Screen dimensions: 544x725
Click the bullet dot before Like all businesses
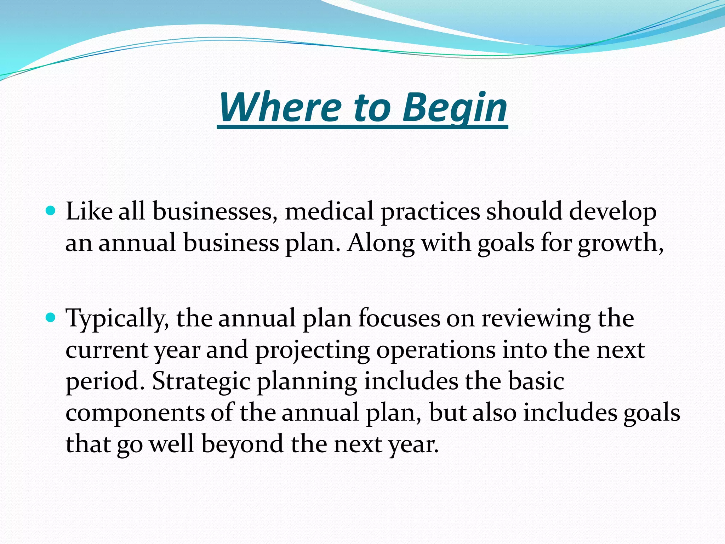pyautogui.click(x=51, y=211)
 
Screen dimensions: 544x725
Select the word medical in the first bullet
pyautogui.click(x=329, y=211)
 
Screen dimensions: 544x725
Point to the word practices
pyautogui.click(x=430, y=211)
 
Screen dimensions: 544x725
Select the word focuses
pyautogui.click(x=399, y=318)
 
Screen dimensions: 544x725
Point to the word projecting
pyautogui.click(x=312, y=350)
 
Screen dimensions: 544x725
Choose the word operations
pyautogui.click(x=435, y=350)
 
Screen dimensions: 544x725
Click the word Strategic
pyautogui.click(x=201, y=381)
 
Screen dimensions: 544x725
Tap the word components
pyautogui.click(x=135, y=413)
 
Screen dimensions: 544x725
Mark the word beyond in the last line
pyautogui.click(x=242, y=444)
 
